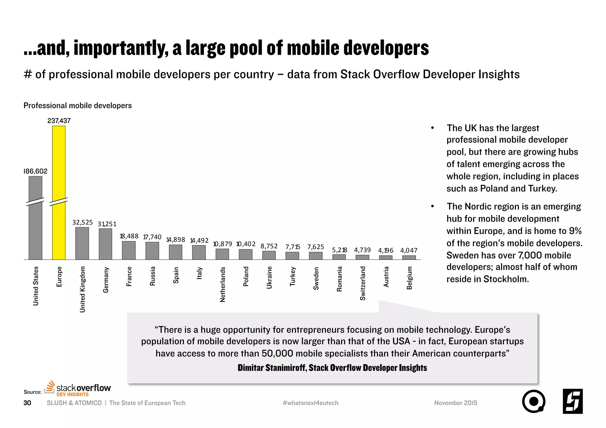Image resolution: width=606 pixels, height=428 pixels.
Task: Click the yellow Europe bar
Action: click(x=59, y=192)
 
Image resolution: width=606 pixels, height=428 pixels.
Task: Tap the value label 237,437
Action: click(x=59, y=121)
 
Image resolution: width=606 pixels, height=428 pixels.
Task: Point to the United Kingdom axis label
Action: click(x=83, y=289)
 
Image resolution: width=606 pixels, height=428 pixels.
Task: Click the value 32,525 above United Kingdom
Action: click(x=82, y=222)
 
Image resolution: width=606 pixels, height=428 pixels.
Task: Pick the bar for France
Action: click(x=129, y=250)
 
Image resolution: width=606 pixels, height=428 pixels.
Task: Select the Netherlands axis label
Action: click(x=223, y=284)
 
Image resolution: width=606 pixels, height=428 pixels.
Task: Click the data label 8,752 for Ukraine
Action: click(x=269, y=246)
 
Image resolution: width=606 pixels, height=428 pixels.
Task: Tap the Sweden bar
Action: click(x=315, y=256)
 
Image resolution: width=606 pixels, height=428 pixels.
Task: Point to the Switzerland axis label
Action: click(x=363, y=283)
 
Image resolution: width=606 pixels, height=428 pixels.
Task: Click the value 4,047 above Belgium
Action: click(x=409, y=251)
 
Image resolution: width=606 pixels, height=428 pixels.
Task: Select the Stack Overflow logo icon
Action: click(x=50, y=387)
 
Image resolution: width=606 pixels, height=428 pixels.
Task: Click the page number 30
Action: click(x=27, y=403)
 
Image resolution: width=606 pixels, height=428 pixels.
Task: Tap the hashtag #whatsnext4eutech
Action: click(x=310, y=403)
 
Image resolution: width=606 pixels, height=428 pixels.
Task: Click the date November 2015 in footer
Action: click(x=455, y=403)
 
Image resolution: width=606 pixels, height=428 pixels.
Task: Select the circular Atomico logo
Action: click(x=534, y=401)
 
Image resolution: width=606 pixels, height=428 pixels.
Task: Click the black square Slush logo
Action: click(x=573, y=401)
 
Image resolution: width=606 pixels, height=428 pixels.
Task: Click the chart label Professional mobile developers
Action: click(x=78, y=106)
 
